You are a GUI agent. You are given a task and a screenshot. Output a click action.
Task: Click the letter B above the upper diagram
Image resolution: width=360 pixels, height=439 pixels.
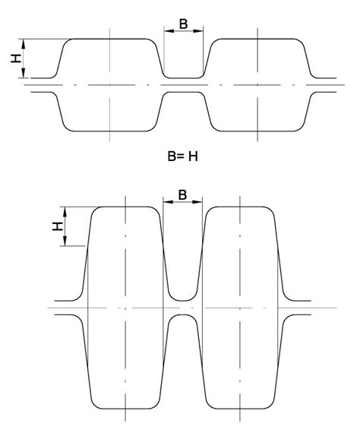(x=183, y=24)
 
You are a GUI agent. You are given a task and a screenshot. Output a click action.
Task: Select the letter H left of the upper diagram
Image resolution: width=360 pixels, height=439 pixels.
(x=16, y=58)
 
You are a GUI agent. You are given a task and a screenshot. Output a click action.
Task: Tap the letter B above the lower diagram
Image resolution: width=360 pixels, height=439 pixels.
(x=182, y=194)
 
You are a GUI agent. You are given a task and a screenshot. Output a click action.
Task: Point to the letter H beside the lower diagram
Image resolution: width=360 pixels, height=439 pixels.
(x=58, y=226)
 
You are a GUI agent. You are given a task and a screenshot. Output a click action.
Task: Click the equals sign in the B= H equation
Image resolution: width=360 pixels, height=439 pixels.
(x=181, y=156)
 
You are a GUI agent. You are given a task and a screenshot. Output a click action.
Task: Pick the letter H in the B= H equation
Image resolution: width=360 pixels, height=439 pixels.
(x=193, y=156)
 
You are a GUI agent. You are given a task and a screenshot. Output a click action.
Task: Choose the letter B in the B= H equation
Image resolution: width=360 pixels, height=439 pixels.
(x=172, y=156)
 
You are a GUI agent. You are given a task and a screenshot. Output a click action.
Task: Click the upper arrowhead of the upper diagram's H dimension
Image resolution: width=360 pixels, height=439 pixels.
(x=24, y=44)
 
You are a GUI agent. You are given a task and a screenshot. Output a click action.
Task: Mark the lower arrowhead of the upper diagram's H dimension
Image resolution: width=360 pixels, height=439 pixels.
(x=24, y=73)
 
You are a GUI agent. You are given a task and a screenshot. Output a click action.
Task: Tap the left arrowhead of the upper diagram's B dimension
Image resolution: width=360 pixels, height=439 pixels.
(x=169, y=31)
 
